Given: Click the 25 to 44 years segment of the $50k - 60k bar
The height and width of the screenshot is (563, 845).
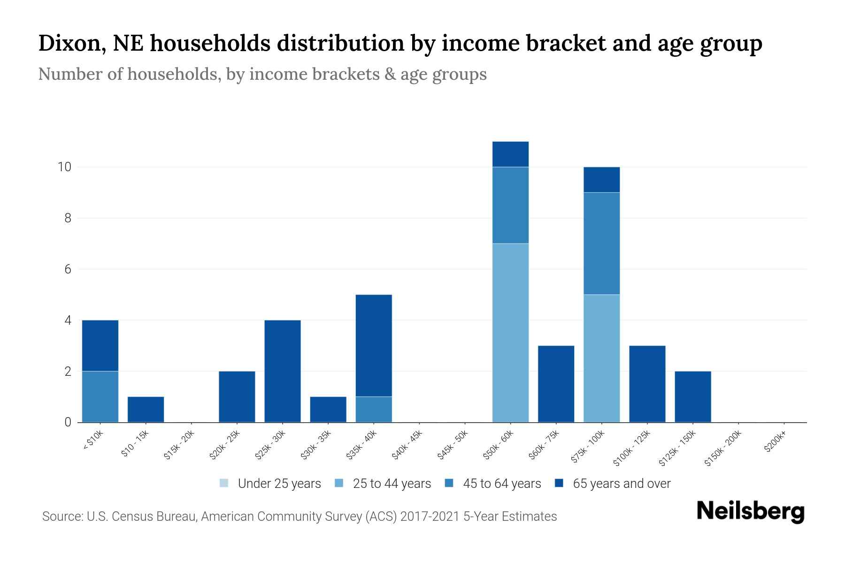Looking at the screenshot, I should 510,333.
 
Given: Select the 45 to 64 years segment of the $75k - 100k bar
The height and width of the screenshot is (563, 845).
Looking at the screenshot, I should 601,243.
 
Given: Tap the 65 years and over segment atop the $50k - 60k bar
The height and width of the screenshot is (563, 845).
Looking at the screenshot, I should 510,154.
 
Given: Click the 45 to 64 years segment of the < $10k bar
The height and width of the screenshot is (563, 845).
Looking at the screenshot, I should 100,396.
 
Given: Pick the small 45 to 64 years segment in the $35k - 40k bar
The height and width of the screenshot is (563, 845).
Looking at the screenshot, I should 374,409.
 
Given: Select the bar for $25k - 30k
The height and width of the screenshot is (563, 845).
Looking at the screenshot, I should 283,371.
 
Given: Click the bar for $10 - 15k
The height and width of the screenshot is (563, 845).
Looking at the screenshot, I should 146,409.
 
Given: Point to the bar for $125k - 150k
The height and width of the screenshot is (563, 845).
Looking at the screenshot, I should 692,396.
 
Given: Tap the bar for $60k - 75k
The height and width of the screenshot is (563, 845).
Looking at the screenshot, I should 556,384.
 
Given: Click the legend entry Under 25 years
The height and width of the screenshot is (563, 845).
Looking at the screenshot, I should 279,483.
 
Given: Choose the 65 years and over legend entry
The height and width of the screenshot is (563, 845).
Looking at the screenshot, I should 621,483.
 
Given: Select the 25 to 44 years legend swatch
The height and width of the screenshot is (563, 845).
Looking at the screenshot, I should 339,483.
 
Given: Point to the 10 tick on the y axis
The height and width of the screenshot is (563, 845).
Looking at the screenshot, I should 64,167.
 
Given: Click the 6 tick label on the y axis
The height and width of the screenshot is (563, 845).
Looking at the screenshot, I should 68,269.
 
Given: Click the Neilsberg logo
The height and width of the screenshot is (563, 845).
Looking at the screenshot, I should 750,511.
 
